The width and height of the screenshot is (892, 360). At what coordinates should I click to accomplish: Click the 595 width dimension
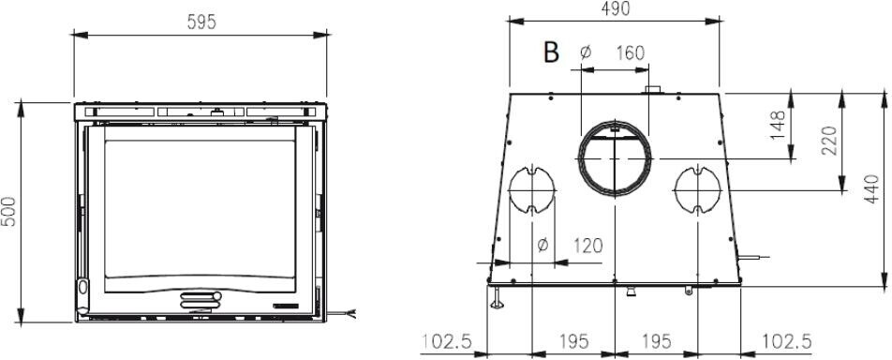click(201, 22)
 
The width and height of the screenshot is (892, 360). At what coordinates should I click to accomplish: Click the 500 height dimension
click(9, 212)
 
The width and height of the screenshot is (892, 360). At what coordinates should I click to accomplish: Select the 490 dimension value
click(616, 8)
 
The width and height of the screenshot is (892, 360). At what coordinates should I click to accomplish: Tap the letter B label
click(551, 52)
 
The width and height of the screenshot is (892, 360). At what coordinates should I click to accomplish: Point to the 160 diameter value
click(631, 53)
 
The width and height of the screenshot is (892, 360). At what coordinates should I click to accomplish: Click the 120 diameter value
click(587, 246)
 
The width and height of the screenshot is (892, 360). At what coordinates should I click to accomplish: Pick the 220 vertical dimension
click(829, 140)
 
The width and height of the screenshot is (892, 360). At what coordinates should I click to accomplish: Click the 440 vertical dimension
click(871, 189)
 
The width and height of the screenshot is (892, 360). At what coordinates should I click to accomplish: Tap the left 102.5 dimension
click(447, 342)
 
